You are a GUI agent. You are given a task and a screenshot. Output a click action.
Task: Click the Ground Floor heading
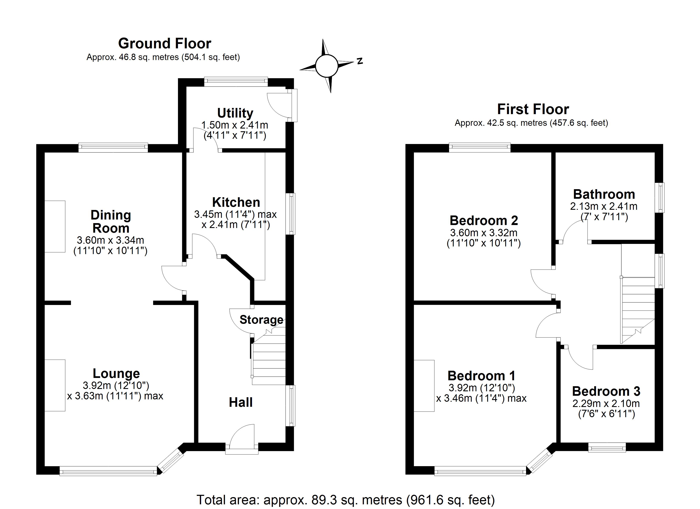165,43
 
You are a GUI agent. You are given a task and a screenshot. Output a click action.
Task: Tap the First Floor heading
533,109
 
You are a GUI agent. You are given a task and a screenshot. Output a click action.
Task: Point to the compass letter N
360,61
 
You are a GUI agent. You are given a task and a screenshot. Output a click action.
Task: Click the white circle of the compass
326,66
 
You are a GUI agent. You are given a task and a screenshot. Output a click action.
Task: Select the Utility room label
235,113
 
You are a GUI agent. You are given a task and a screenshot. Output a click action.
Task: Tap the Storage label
261,320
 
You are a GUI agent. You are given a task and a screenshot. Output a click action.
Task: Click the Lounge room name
116,373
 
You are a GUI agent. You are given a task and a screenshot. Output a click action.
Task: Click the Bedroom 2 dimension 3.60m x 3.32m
484,232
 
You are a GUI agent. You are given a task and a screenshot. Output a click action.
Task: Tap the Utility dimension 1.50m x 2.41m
235,125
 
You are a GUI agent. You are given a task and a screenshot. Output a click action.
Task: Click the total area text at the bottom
346,500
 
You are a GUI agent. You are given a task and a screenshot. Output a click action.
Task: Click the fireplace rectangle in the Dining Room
55,226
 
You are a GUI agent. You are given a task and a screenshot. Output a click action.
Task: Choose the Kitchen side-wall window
290,214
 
